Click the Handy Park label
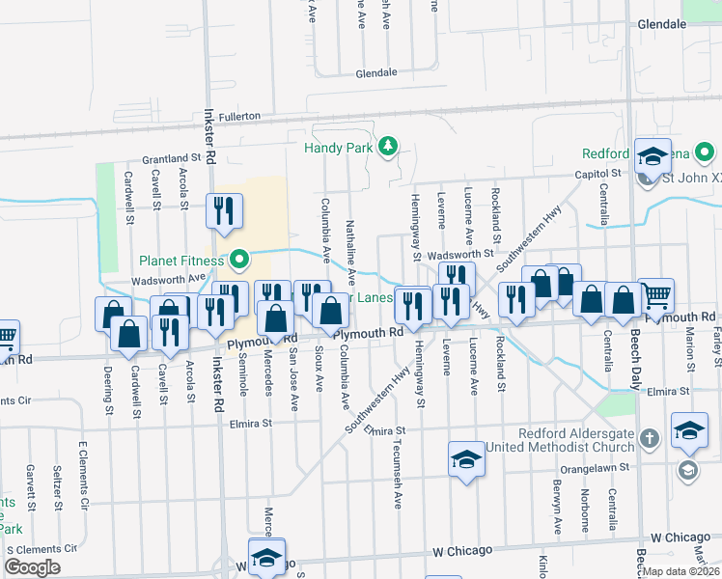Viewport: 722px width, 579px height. (x=338, y=148)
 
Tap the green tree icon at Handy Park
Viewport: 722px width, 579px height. (x=387, y=146)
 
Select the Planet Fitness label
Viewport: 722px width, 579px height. (x=180, y=260)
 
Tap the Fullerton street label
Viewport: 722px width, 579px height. (x=239, y=116)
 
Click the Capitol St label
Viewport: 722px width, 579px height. (x=599, y=174)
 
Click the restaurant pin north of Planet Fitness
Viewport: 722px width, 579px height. (x=224, y=211)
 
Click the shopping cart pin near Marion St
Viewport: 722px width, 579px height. (x=655, y=294)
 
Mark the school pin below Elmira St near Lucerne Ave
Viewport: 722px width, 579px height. (x=466, y=457)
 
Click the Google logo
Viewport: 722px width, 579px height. (x=33, y=566)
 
